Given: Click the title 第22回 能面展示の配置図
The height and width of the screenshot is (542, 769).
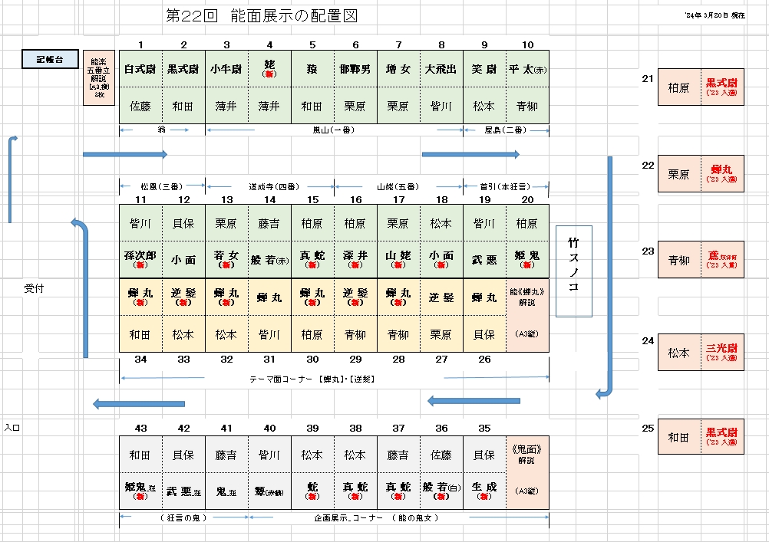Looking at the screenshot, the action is (x=262, y=16).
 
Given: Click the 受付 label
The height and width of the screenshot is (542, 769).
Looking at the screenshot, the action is (x=35, y=288).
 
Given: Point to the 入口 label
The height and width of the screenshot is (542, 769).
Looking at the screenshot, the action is (x=12, y=427).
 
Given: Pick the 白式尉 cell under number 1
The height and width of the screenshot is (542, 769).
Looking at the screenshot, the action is (x=140, y=69).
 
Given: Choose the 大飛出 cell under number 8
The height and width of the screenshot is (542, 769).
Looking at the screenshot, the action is (x=441, y=69).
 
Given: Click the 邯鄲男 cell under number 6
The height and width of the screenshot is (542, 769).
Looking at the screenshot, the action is (x=355, y=69).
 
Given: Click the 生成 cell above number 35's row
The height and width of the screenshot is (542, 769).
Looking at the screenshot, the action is (x=484, y=489).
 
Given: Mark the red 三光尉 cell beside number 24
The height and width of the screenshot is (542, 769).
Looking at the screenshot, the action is (x=721, y=352).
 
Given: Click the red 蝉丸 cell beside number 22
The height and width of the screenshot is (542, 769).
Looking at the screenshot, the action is (x=721, y=172).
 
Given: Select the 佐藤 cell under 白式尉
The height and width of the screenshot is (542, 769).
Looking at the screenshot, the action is (x=140, y=106).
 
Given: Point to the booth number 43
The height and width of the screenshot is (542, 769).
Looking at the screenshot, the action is (x=140, y=428).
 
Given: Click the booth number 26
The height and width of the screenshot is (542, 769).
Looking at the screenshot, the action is (x=484, y=359).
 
